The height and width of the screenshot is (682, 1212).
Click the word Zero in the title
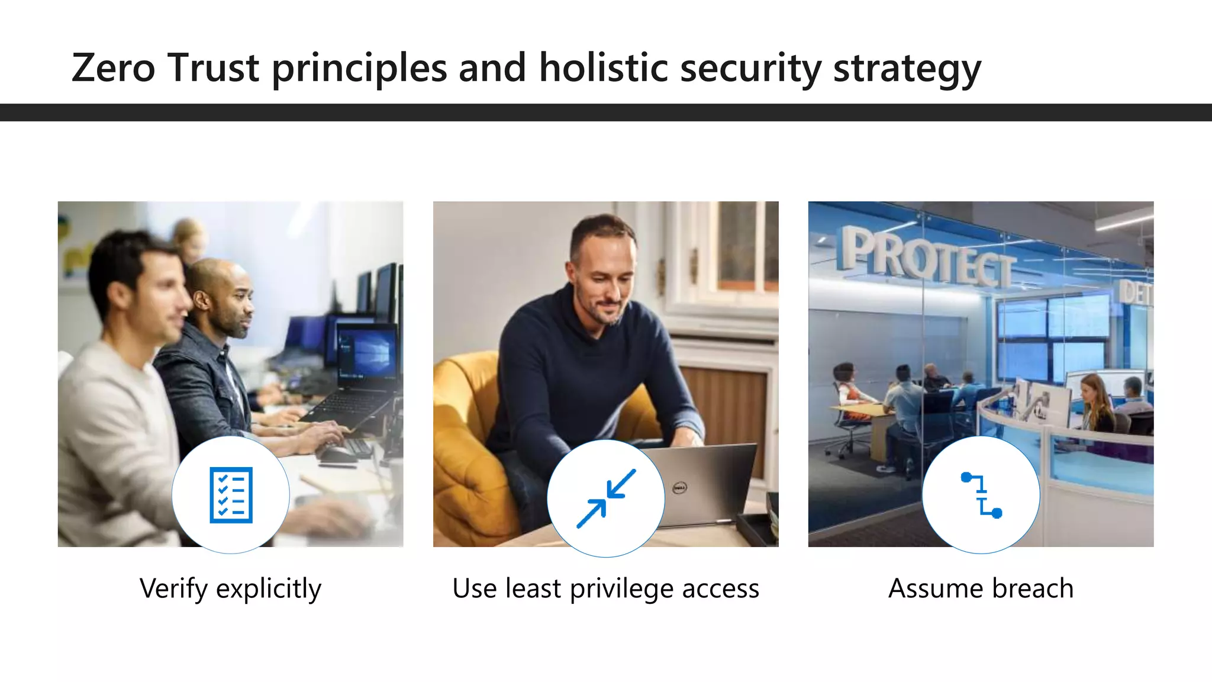(113, 67)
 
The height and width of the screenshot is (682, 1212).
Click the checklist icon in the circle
(231, 495)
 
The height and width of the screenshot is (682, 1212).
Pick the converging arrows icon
(606, 498)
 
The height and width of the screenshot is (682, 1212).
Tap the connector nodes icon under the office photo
(981, 495)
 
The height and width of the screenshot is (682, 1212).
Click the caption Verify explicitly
(230, 588)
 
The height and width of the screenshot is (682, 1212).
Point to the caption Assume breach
(981, 588)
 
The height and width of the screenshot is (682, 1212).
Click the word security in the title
(750, 69)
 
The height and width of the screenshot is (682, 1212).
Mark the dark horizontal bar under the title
(606, 112)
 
